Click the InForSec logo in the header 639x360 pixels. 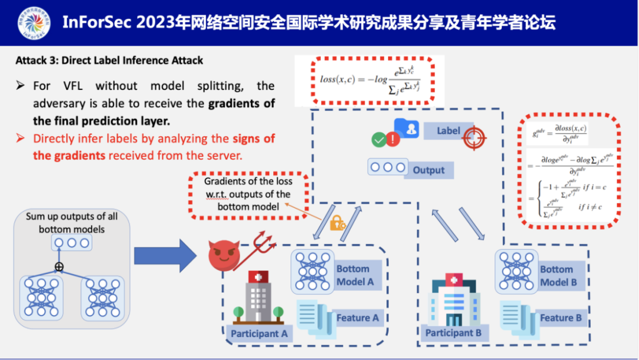[34, 23]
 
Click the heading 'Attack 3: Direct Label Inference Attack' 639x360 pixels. [109, 60]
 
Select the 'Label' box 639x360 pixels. [448, 130]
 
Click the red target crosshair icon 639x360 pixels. [475, 137]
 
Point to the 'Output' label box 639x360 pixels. [428, 170]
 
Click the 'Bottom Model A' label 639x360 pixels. [355, 275]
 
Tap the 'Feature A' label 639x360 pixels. [357, 318]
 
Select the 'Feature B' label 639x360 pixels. [560, 318]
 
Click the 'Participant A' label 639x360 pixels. [259, 333]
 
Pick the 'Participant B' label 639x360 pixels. [453, 333]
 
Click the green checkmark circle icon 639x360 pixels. [379, 140]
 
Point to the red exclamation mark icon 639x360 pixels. [393, 140]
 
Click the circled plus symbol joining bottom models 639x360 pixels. [59, 267]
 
